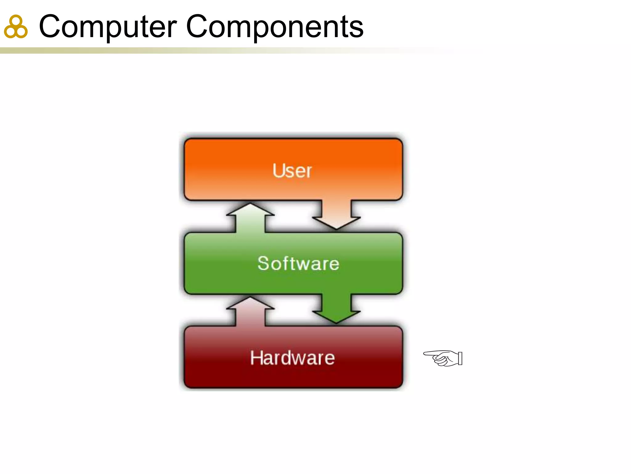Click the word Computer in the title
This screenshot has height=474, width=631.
tap(108, 27)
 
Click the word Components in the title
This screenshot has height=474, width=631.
tap(275, 27)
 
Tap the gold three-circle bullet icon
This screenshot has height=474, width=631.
tap(16, 27)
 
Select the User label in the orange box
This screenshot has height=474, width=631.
tap(292, 170)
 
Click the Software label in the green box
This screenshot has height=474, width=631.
tap(298, 264)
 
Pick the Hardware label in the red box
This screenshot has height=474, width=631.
tap(292, 358)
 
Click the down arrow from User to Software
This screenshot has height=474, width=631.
tap(336, 215)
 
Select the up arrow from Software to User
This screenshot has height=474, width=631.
tap(250, 217)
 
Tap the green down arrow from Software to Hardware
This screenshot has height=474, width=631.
tap(336, 309)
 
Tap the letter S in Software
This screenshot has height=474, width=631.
tap(264, 264)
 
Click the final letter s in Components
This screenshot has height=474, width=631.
tap(357, 28)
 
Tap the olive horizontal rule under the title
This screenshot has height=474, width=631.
tap(185, 51)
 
